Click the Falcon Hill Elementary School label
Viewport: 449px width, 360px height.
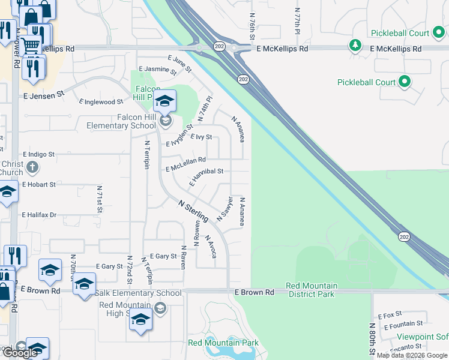point(121,121)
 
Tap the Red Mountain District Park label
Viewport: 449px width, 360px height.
point(312,289)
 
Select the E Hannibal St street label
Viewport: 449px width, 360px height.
point(206,175)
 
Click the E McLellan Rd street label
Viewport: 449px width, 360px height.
point(185,164)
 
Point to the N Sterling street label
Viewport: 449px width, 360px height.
point(193,211)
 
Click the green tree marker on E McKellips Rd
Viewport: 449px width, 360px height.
point(355,44)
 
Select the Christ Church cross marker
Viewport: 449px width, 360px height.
point(34,167)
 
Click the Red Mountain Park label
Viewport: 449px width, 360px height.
point(223,343)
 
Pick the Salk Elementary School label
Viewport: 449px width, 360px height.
point(138,293)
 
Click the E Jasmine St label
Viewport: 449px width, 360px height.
point(157,70)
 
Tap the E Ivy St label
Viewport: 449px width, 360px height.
point(201,137)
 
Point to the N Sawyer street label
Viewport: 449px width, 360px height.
point(224,208)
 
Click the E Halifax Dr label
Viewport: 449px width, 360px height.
point(39,214)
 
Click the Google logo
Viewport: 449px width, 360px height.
point(20,353)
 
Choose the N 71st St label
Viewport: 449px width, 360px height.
point(100,200)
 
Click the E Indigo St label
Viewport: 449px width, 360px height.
point(38,154)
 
